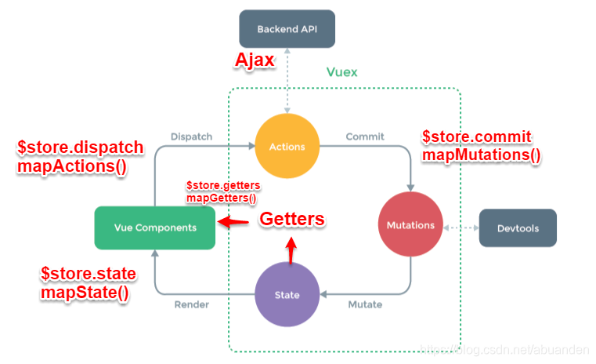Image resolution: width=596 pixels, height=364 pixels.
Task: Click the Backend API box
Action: coord(287,29)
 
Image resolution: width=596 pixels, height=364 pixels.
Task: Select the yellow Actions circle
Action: coord(287,146)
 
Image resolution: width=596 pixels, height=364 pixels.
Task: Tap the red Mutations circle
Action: coord(410,225)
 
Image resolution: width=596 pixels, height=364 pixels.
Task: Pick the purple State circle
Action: coord(287,294)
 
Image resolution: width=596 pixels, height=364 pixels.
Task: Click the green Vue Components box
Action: coord(154,227)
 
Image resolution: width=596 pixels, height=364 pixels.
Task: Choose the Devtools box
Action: coord(517,227)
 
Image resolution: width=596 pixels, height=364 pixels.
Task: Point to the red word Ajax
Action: coord(255,61)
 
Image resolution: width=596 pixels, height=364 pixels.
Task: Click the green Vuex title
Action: coord(341,72)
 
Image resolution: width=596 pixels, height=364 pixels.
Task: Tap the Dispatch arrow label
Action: coord(191,136)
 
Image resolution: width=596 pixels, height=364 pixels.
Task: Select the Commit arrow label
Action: coord(365,136)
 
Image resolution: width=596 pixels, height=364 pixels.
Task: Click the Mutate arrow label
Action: coord(365,304)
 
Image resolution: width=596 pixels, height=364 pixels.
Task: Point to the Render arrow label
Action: coord(192,304)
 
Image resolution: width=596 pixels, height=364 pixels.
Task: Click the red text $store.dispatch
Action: coord(80,147)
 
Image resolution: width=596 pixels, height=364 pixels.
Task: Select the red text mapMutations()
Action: coord(481,155)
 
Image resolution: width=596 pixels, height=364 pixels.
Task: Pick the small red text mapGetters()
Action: coord(221,198)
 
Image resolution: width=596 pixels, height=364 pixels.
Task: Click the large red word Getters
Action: coord(291,220)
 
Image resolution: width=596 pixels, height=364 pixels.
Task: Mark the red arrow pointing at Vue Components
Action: coord(233,222)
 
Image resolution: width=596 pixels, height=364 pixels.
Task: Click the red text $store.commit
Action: coord(477,136)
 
